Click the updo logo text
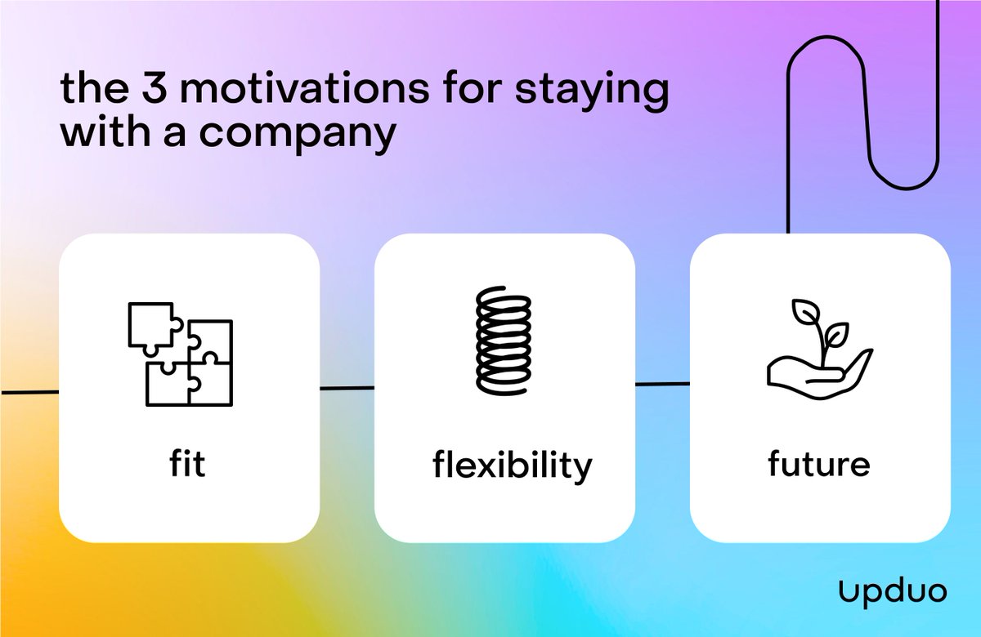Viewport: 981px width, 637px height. (x=893, y=590)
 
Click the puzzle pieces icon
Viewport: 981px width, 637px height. (x=181, y=353)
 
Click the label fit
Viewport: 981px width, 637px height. (x=189, y=463)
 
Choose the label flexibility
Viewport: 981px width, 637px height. (x=512, y=465)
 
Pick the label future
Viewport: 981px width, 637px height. (x=819, y=465)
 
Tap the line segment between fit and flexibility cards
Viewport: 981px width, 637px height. (x=347, y=388)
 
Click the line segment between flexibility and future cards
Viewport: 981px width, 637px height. (x=662, y=383)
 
